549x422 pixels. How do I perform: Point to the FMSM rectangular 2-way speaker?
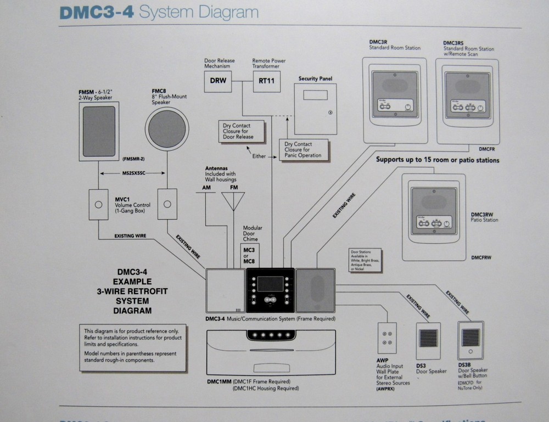tap(99, 131)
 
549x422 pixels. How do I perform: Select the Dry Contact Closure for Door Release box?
tap(240, 131)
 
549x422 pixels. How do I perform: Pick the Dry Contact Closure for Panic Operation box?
tap(304, 150)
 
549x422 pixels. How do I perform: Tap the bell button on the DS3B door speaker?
tap(470, 351)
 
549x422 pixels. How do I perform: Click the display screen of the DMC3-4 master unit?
tap(271, 284)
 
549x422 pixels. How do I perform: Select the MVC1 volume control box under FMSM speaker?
tap(99, 205)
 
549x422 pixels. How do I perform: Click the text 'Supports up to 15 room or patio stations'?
tap(438, 161)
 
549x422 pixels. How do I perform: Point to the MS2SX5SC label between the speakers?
tap(132, 173)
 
